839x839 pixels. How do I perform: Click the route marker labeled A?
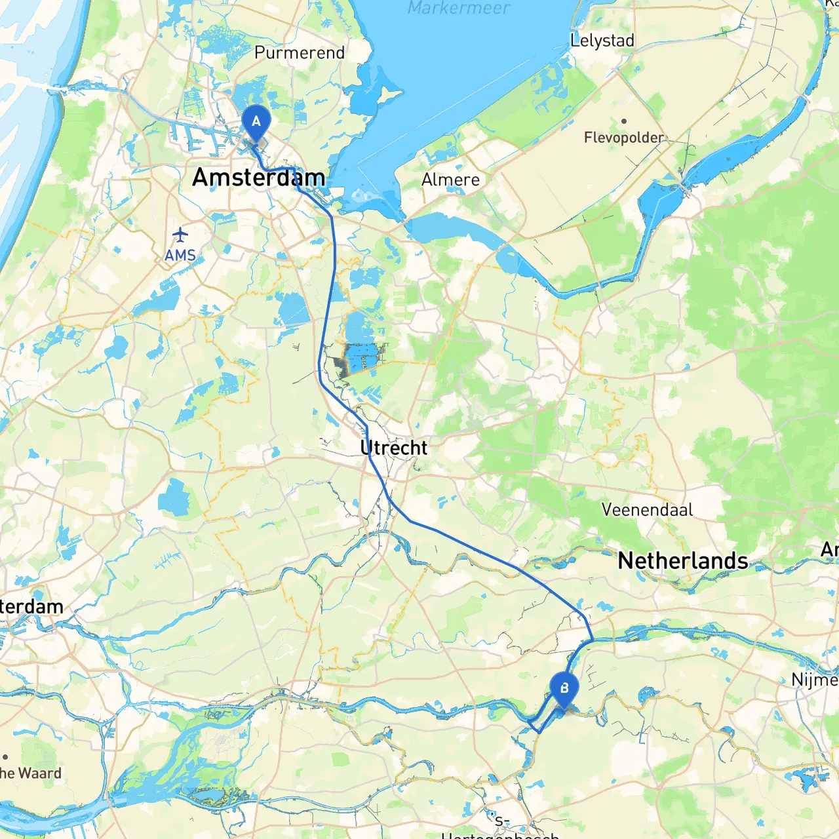click(x=256, y=122)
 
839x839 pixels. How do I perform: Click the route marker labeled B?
click(x=564, y=689)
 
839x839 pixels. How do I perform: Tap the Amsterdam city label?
click(x=258, y=178)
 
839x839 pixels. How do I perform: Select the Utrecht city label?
click(x=393, y=448)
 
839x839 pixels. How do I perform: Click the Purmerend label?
click(x=299, y=52)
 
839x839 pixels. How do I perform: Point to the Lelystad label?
click(x=602, y=41)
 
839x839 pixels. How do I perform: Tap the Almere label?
click(x=450, y=180)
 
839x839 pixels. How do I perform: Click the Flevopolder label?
click(x=623, y=138)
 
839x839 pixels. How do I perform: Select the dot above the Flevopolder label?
click(x=624, y=121)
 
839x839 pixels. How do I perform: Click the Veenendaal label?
click(x=646, y=510)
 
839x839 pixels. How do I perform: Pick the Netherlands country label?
click(x=682, y=561)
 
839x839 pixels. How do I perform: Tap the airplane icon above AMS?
click(x=180, y=234)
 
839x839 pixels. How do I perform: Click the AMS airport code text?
click(x=180, y=255)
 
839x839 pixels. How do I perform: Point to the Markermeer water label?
click(x=458, y=8)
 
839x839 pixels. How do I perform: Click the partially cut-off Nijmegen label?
click(x=815, y=680)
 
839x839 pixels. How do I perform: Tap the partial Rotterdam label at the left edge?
click(x=31, y=606)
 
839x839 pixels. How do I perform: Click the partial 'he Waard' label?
click(x=30, y=773)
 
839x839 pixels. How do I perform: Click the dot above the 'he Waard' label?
click(x=5, y=757)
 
